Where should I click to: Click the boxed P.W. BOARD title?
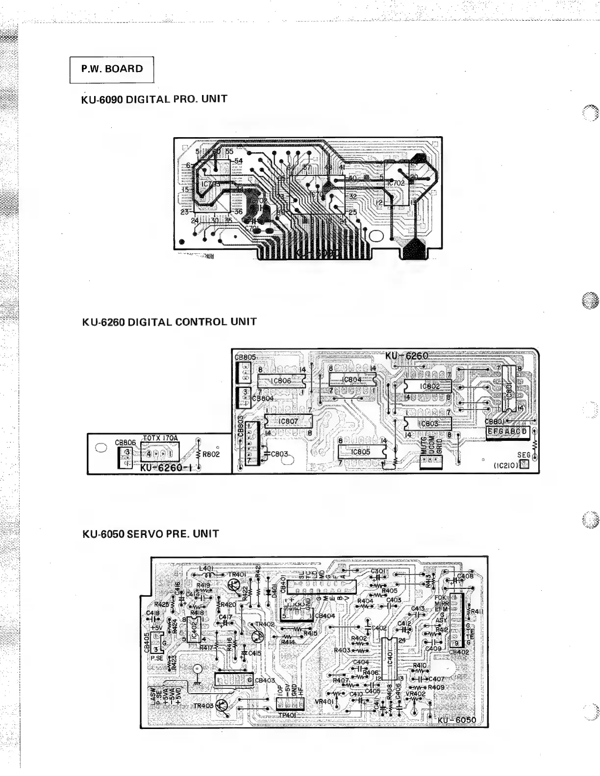click(x=112, y=69)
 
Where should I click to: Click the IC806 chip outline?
click(x=280, y=381)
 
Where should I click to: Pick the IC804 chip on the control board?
click(x=352, y=379)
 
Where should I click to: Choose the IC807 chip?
click(x=288, y=421)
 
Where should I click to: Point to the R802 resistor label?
click(x=211, y=454)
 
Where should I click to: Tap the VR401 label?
click(x=324, y=701)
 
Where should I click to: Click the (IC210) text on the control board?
click(x=506, y=466)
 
